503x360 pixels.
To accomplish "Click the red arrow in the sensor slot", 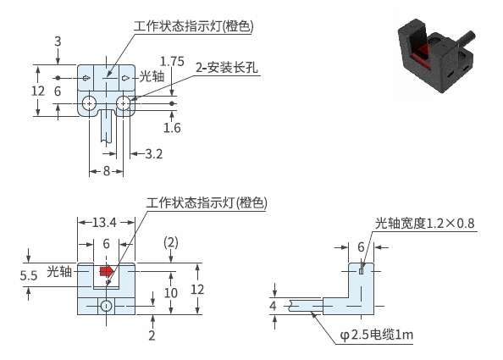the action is pyautogui.click(x=107, y=271).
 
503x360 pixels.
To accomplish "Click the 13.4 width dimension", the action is pyautogui.click(x=104, y=222).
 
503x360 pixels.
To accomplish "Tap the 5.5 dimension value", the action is pyautogui.click(x=29, y=275).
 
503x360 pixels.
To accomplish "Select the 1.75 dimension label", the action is pyautogui.click(x=172, y=61).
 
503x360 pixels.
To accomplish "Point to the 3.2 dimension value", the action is pyautogui.click(x=154, y=154).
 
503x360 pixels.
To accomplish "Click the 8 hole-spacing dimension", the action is pyautogui.click(x=107, y=171).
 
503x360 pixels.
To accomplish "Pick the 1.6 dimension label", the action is pyautogui.click(x=172, y=128).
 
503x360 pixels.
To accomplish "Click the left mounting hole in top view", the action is pyautogui.click(x=89, y=103).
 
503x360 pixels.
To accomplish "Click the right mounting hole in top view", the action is pyautogui.click(x=123, y=103).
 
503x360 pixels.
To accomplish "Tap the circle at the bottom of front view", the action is pyautogui.click(x=106, y=306).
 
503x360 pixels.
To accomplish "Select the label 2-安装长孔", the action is pyautogui.click(x=227, y=68).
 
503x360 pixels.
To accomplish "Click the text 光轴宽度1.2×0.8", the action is pyautogui.click(x=425, y=223).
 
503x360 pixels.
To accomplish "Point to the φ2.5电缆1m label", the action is pyautogui.click(x=377, y=335).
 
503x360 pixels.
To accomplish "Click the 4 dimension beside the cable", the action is pyautogui.click(x=273, y=306).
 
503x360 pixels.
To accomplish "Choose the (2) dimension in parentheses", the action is pyautogui.click(x=171, y=242).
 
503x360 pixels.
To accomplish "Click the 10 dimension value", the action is pyautogui.click(x=171, y=292).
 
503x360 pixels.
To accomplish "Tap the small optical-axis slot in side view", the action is pyautogui.click(x=362, y=271).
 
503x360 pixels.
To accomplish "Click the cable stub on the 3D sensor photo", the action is pyautogui.click(x=467, y=38).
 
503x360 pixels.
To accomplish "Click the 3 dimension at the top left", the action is pyautogui.click(x=58, y=42).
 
